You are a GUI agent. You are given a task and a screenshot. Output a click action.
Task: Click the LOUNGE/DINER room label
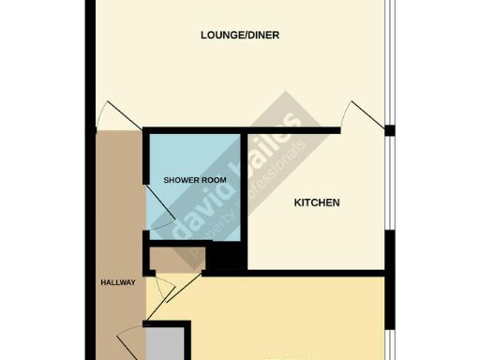click(240, 36)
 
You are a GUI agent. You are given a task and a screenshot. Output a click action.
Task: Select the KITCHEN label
click(317, 202)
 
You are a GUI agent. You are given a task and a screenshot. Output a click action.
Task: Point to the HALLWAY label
click(118, 282)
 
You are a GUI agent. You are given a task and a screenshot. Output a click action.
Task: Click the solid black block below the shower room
click(225, 258)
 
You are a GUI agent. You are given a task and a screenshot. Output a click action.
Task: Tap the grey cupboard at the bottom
click(166, 343)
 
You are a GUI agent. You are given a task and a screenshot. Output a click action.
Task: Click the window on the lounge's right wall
click(391, 56)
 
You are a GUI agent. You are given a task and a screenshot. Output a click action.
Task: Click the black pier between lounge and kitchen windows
click(390, 129)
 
